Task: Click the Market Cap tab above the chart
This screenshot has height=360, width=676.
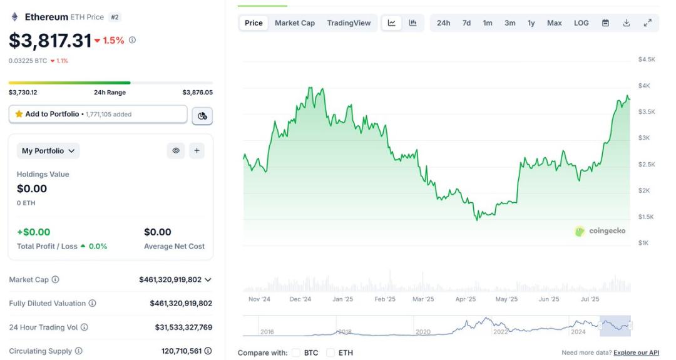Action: click(295, 23)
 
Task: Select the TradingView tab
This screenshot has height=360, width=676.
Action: click(349, 23)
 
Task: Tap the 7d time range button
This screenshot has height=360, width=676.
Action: click(466, 23)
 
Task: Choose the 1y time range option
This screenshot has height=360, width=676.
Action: click(531, 23)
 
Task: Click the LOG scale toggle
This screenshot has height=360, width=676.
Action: click(581, 23)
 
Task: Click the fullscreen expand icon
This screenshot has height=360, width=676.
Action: click(647, 23)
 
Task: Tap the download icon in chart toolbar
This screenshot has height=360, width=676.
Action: click(627, 23)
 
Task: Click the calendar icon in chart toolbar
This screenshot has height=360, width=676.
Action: click(605, 23)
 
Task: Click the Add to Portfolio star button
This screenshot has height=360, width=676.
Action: click(98, 114)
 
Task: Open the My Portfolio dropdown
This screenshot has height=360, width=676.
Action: click(48, 151)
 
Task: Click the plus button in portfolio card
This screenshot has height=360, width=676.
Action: click(197, 150)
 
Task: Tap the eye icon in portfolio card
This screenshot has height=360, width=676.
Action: click(176, 150)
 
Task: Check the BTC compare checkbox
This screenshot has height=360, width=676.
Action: click(296, 352)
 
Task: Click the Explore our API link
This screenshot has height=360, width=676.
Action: click(636, 352)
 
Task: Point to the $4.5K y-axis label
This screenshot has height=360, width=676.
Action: click(647, 59)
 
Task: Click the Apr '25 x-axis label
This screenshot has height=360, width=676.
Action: click(465, 299)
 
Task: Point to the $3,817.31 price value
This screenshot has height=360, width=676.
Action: click(50, 41)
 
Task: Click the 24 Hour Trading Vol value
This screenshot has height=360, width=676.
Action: click(183, 327)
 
